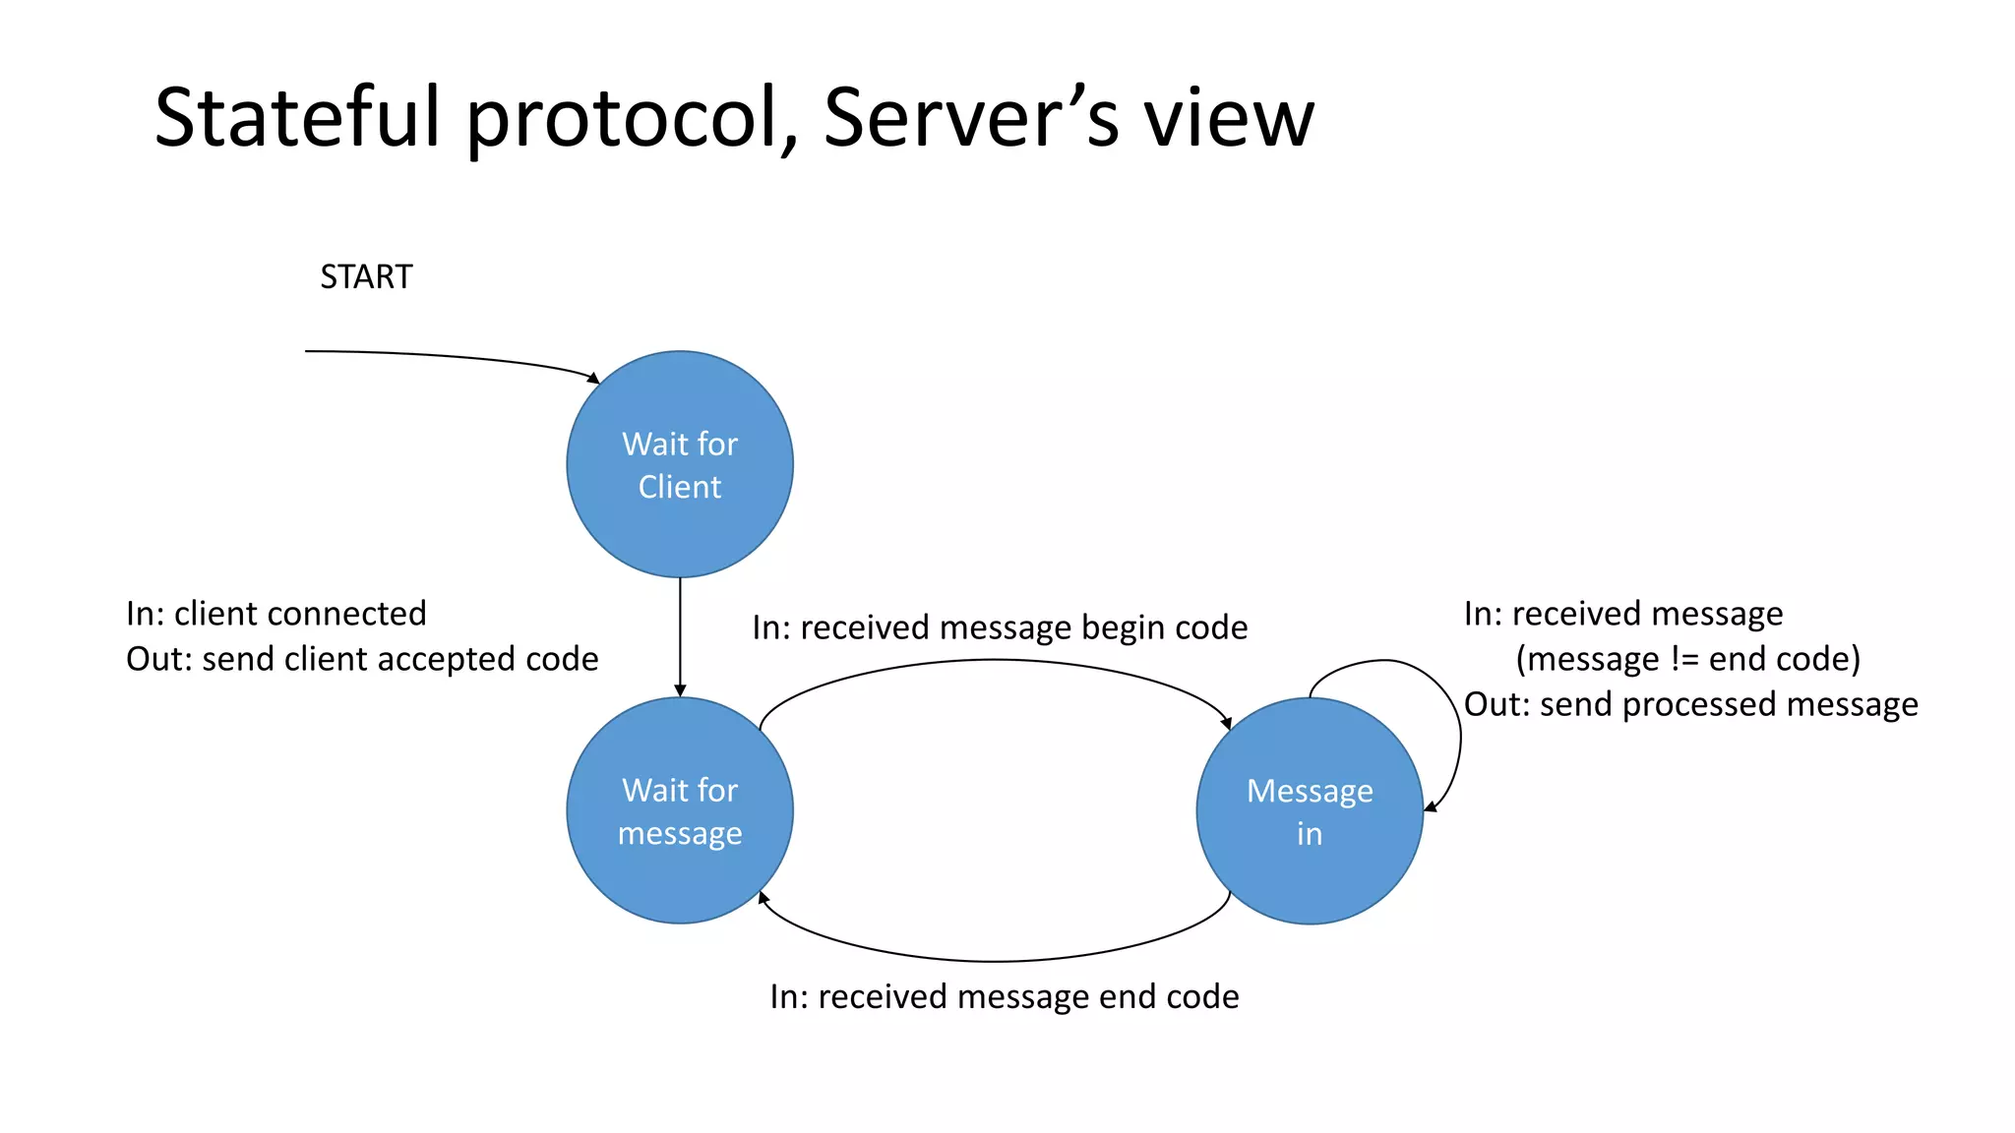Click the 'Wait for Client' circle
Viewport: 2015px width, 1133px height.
(680, 464)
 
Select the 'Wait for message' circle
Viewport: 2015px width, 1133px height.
(680, 810)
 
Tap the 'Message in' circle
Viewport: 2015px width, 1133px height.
(1310, 810)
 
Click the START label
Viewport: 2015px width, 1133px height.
(366, 277)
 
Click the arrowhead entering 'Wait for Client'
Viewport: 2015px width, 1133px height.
(593, 378)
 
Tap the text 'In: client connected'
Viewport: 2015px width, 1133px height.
(276, 614)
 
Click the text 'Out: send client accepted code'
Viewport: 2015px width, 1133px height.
(362, 659)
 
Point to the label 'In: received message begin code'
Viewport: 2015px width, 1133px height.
(1000, 627)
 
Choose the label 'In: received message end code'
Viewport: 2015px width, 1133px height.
(1004, 997)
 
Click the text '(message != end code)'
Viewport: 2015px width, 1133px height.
(1687, 659)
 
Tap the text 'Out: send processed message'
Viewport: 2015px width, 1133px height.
(1690, 704)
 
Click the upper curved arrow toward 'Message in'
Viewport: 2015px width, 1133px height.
(994, 661)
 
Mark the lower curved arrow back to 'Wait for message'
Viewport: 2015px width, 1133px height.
(994, 961)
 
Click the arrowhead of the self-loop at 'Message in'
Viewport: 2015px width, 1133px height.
(1431, 807)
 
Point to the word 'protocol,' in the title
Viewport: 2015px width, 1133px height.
(631, 118)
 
